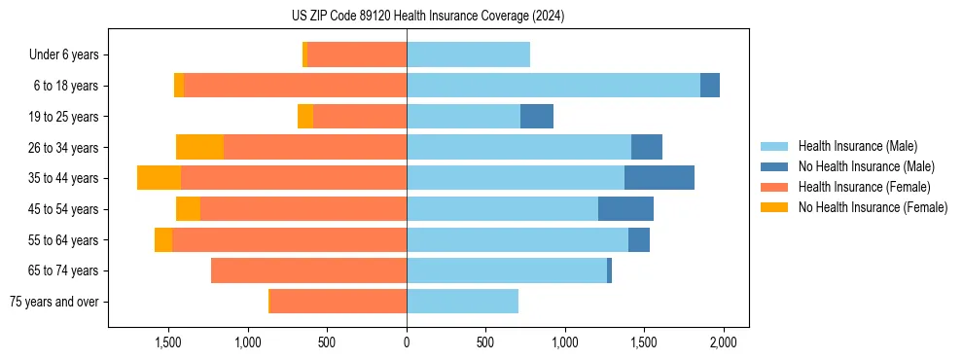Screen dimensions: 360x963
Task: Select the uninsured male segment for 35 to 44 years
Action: [x=660, y=178]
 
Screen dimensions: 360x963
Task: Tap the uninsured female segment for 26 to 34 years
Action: [x=199, y=147]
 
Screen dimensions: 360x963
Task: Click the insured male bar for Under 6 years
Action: [x=468, y=54]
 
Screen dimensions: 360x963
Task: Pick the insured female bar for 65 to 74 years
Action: [x=308, y=270]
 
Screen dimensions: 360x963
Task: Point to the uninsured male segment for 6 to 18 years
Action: [x=710, y=86]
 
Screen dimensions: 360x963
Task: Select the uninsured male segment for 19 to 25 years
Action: [x=537, y=117]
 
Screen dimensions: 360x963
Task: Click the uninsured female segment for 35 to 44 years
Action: [x=159, y=178]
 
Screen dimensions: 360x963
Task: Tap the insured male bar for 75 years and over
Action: [x=462, y=302]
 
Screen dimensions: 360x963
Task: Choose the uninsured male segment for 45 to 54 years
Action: [x=625, y=209]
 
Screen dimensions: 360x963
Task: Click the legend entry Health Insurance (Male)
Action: [x=857, y=146]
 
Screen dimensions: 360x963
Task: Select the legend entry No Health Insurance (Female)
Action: [x=873, y=207]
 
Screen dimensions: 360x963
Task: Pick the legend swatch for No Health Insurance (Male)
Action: [x=774, y=166]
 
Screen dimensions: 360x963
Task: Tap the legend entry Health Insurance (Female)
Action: [x=864, y=187]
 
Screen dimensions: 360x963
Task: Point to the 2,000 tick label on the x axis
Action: [x=723, y=343]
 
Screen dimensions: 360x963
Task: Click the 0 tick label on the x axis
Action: [x=407, y=343]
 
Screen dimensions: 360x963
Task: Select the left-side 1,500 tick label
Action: [x=168, y=343]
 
